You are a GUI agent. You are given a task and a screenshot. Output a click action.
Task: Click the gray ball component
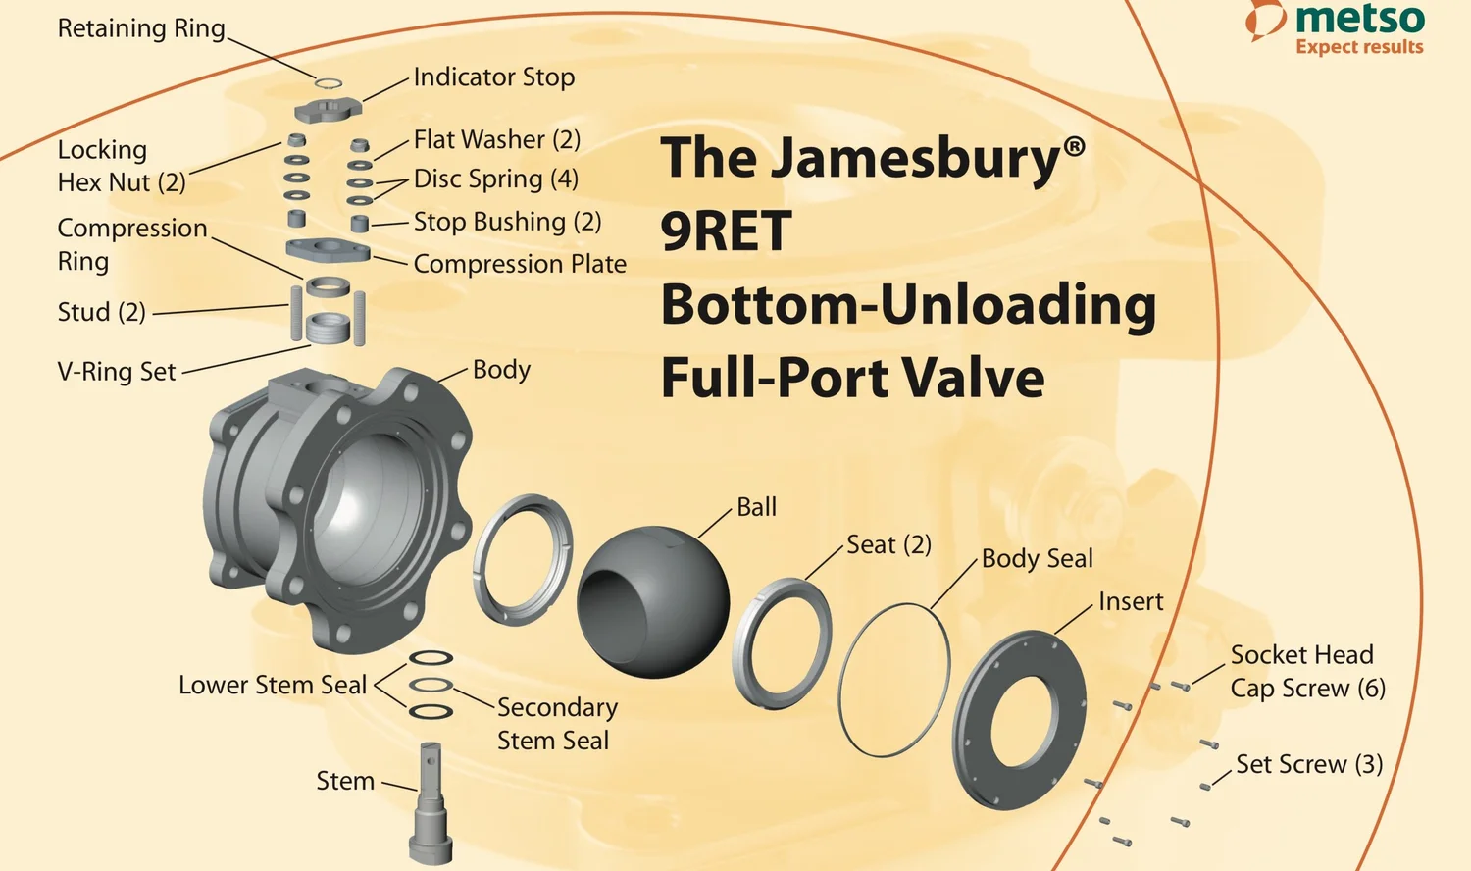coord(652,601)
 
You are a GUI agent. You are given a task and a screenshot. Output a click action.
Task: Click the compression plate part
coord(328,249)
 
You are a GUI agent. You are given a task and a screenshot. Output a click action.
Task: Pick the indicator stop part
coord(328,107)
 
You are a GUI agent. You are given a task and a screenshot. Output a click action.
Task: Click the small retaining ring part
coord(329,81)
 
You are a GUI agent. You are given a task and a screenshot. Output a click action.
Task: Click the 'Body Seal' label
coord(1037,559)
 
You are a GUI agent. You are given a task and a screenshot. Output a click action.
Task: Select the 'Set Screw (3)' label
coord(1308,764)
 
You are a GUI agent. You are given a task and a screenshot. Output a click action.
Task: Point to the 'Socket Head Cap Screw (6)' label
coord(1307,672)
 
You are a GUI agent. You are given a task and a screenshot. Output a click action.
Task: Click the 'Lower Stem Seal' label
coord(272,685)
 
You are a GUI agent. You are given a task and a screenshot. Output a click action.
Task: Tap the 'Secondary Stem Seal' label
coord(556,724)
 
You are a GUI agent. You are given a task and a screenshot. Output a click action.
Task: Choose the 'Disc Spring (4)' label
coord(495,179)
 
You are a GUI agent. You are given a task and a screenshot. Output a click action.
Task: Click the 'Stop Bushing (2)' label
coord(507,222)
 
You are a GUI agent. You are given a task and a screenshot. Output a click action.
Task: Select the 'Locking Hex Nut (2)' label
coord(121,166)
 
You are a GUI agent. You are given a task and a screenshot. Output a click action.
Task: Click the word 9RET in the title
coord(726,231)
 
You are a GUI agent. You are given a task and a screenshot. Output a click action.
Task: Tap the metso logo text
coord(1358,19)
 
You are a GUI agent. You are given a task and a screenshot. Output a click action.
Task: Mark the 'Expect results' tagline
coord(1358,47)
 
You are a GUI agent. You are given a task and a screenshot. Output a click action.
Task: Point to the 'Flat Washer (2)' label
coord(496,139)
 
